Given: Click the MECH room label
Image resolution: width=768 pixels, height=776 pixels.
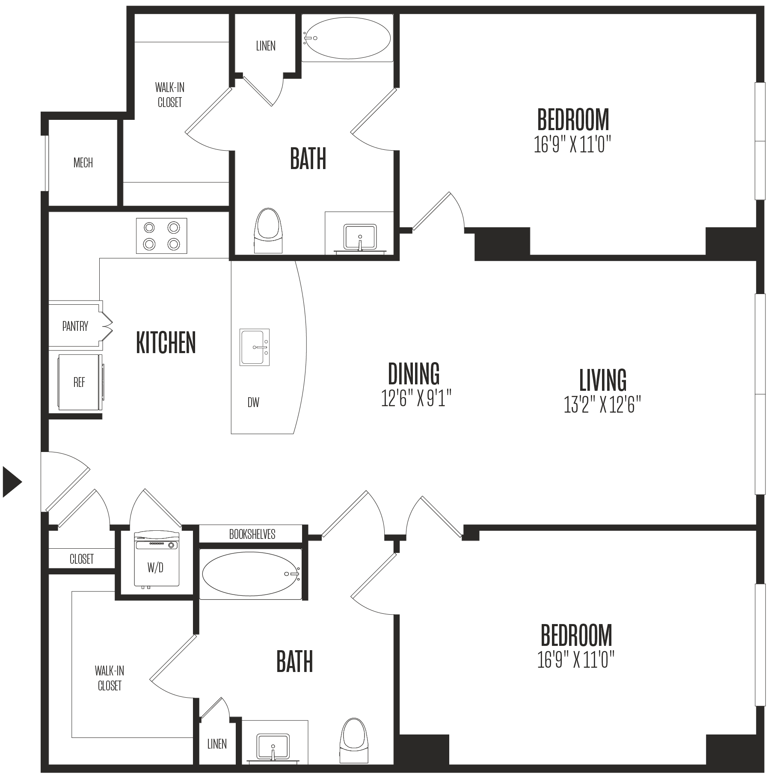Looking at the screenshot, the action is (x=83, y=163).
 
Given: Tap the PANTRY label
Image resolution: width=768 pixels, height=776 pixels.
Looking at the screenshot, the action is (x=75, y=326).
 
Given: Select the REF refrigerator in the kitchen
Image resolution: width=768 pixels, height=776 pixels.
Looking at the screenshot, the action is (x=80, y=382).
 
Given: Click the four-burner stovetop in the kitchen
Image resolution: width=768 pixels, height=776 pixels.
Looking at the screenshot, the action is (x=161, y=236).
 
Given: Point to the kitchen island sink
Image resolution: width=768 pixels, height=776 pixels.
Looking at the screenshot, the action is (x=255, y=347).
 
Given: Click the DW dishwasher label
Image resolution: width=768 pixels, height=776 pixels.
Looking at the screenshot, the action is (x=253, y=402).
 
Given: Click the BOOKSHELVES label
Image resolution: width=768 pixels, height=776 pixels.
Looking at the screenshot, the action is (x=252, y=534).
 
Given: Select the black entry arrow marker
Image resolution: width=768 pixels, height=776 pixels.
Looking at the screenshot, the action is (x=12, y=482).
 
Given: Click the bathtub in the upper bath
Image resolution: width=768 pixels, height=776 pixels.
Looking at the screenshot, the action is (x=347, y=38).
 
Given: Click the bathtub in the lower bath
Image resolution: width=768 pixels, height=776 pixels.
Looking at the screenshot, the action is (x=251, y=574).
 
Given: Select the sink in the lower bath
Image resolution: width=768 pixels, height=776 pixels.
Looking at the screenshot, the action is (x=273, y=748).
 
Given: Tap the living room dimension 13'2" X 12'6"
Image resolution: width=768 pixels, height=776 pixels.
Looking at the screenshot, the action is (x=602, y=404).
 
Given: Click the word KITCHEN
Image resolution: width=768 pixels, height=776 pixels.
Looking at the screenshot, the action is (x=166, y=342).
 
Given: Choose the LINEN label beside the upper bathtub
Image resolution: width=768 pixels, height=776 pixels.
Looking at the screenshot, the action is (x=266, y=46).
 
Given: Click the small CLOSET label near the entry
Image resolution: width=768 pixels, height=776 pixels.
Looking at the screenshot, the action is (x=81, y=559).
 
